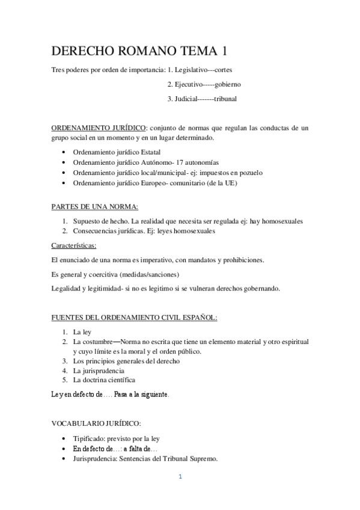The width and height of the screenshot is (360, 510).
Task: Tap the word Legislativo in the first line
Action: point(191,70)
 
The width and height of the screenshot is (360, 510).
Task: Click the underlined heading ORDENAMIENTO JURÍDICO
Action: point(98,128)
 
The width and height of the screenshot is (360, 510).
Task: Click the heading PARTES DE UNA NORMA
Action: point(94,207)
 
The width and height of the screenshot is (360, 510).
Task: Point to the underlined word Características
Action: point(74,245)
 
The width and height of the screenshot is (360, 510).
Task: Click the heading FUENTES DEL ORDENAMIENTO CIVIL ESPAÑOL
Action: point(133,317)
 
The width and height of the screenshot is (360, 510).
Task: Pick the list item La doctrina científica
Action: point(103,380)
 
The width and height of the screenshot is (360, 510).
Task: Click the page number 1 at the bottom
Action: point(180,479)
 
